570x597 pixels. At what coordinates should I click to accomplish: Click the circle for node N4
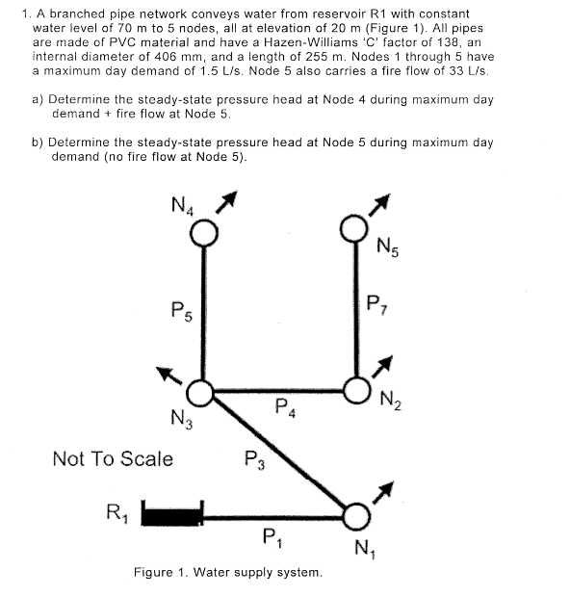202,232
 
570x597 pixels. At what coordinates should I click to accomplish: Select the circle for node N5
354,231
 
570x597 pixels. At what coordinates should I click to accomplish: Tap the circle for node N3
200,392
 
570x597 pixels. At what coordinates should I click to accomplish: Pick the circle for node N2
356,392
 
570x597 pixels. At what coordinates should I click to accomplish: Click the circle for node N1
355,517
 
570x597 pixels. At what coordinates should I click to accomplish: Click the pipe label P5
180,311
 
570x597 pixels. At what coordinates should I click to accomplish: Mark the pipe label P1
271,535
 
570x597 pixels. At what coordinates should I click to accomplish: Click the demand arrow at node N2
382,365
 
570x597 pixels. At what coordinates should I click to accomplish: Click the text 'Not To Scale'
113,458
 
